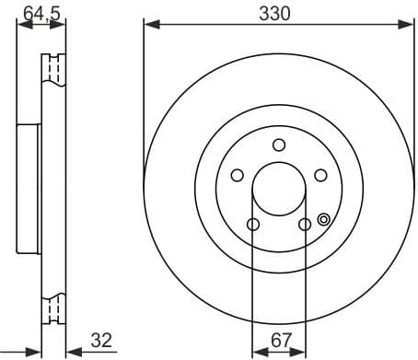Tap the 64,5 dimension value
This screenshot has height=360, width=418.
click(37, 13)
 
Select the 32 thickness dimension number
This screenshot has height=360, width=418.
click(101, 341)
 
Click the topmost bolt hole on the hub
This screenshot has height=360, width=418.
click(279, 145)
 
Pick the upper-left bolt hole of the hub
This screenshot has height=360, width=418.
click(237, 175)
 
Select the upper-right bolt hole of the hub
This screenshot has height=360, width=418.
click(320, 175)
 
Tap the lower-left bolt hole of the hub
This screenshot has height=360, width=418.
click(253, 224)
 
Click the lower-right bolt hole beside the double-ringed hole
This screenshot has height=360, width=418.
click(305, 224)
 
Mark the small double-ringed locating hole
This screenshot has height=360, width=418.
click(323, 219)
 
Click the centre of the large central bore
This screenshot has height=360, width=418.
click(279, 189)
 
